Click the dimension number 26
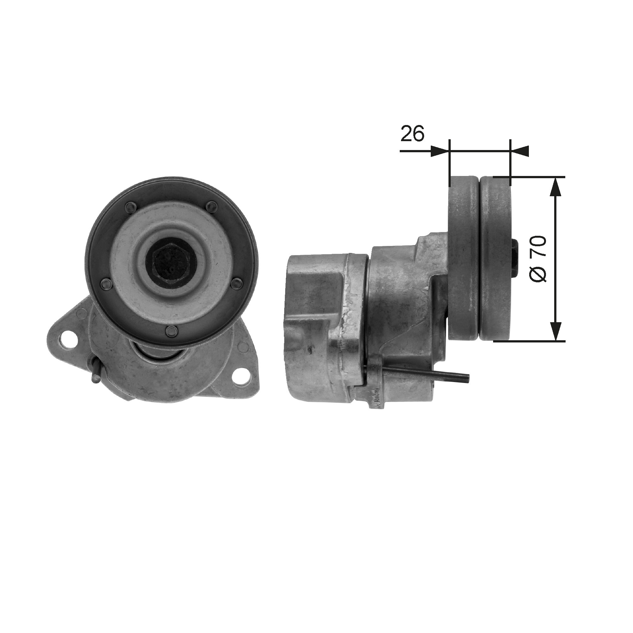(x=412, y=133)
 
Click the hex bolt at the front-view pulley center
(x=171, y=261)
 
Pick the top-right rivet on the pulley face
(x=212, y=206)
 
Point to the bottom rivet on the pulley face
(x=171, y=322)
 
